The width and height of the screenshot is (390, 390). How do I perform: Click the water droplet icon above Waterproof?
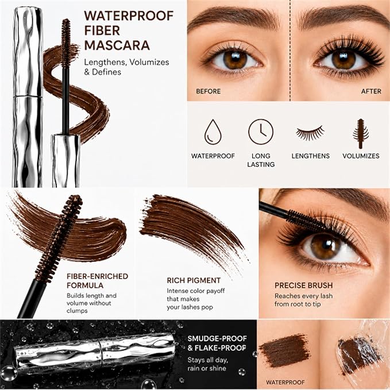(213, 132)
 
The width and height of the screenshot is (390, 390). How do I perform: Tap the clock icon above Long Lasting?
(261, 132)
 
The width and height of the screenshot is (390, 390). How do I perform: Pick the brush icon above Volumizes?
(361, 134)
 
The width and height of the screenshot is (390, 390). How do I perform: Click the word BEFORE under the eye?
(208, 91)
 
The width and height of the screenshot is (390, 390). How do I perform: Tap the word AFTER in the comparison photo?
(371, 91)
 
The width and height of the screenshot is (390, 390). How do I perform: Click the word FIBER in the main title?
(102, 30)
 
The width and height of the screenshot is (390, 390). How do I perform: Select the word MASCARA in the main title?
(117, 45)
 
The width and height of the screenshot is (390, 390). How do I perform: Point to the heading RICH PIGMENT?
(194, 280)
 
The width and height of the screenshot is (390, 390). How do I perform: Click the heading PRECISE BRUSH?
(303, 285)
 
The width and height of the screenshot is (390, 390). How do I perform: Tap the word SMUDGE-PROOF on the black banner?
(217, 338)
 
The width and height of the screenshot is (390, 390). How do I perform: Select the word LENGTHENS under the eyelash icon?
(310, 156)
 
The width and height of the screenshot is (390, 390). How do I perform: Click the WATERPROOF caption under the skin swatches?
(285, 383)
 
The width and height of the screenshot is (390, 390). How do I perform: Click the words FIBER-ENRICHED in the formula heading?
(97, 276)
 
